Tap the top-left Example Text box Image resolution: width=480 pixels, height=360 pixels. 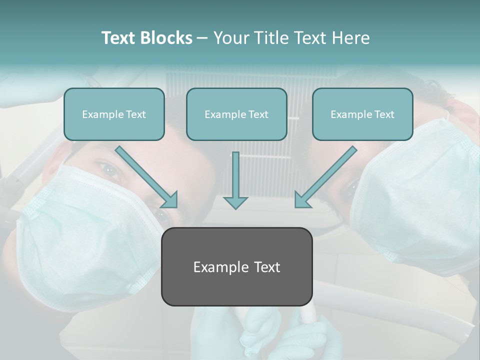114,114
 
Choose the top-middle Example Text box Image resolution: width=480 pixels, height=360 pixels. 236,114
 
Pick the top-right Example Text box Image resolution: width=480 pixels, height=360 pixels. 362,114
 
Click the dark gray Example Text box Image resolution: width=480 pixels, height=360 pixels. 236,266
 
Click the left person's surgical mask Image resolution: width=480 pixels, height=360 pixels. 75,235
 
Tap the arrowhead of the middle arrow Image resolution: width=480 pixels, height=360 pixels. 235,202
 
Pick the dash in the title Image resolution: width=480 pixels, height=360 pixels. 202,38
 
